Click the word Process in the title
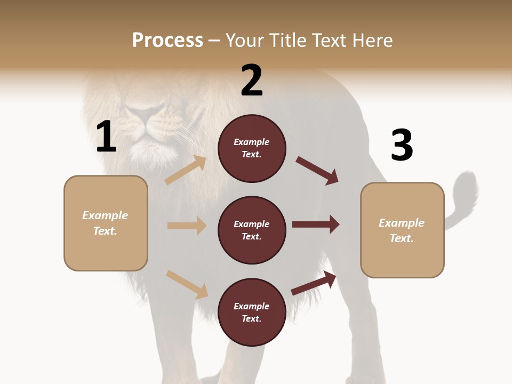tap(167, 41)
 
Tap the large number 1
tap(106, 137)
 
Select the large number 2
tap(252, 81)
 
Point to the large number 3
tap(402, 145)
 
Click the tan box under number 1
tap(106, 223)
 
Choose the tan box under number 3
tap(402, 230)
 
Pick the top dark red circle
tap(252, 148)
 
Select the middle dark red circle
tap(252, 230)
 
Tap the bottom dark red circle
tap(252, 312)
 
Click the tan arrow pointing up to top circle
tap(186, 170)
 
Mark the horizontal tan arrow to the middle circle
tap(187, 226)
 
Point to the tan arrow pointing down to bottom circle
tap(187, 284)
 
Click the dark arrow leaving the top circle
tap(317, 171)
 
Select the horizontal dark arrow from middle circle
tap(316, 224)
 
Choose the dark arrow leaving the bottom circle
tap(314, 283)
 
